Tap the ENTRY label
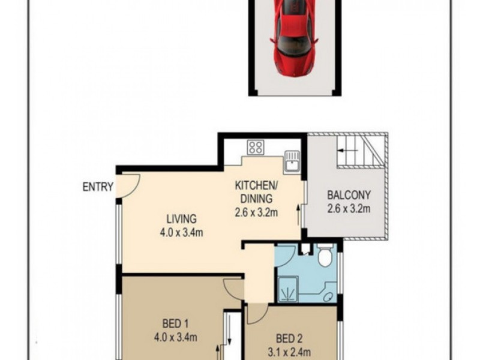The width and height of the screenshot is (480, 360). click(x=98, y=187)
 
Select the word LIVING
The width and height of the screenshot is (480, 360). click(x=181, y=219)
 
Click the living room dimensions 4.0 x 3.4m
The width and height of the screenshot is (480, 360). click(x=181, y=233)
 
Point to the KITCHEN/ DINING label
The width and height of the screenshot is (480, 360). click(x=256, y=191)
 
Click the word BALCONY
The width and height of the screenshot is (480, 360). click(x=349, y=195)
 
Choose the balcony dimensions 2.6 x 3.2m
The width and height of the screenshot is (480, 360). click(x=349, y=209)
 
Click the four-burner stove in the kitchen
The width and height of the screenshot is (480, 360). click(x=256, y=147)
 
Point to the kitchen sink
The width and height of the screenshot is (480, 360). click(x=292, y=160)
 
